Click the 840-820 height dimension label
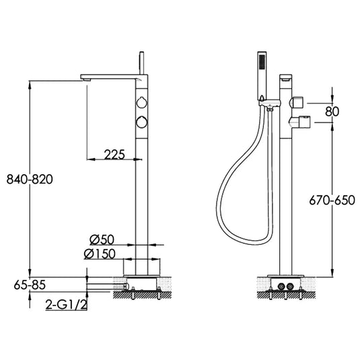pos(29,180)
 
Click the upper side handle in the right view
pos(296,102)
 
